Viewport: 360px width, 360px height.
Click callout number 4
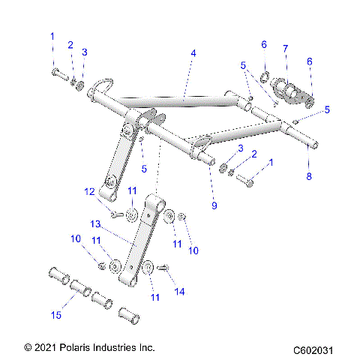tap(193, 54)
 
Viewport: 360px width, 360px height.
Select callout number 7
tap(285, 49)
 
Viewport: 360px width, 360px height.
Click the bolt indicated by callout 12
tap(115, 215)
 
